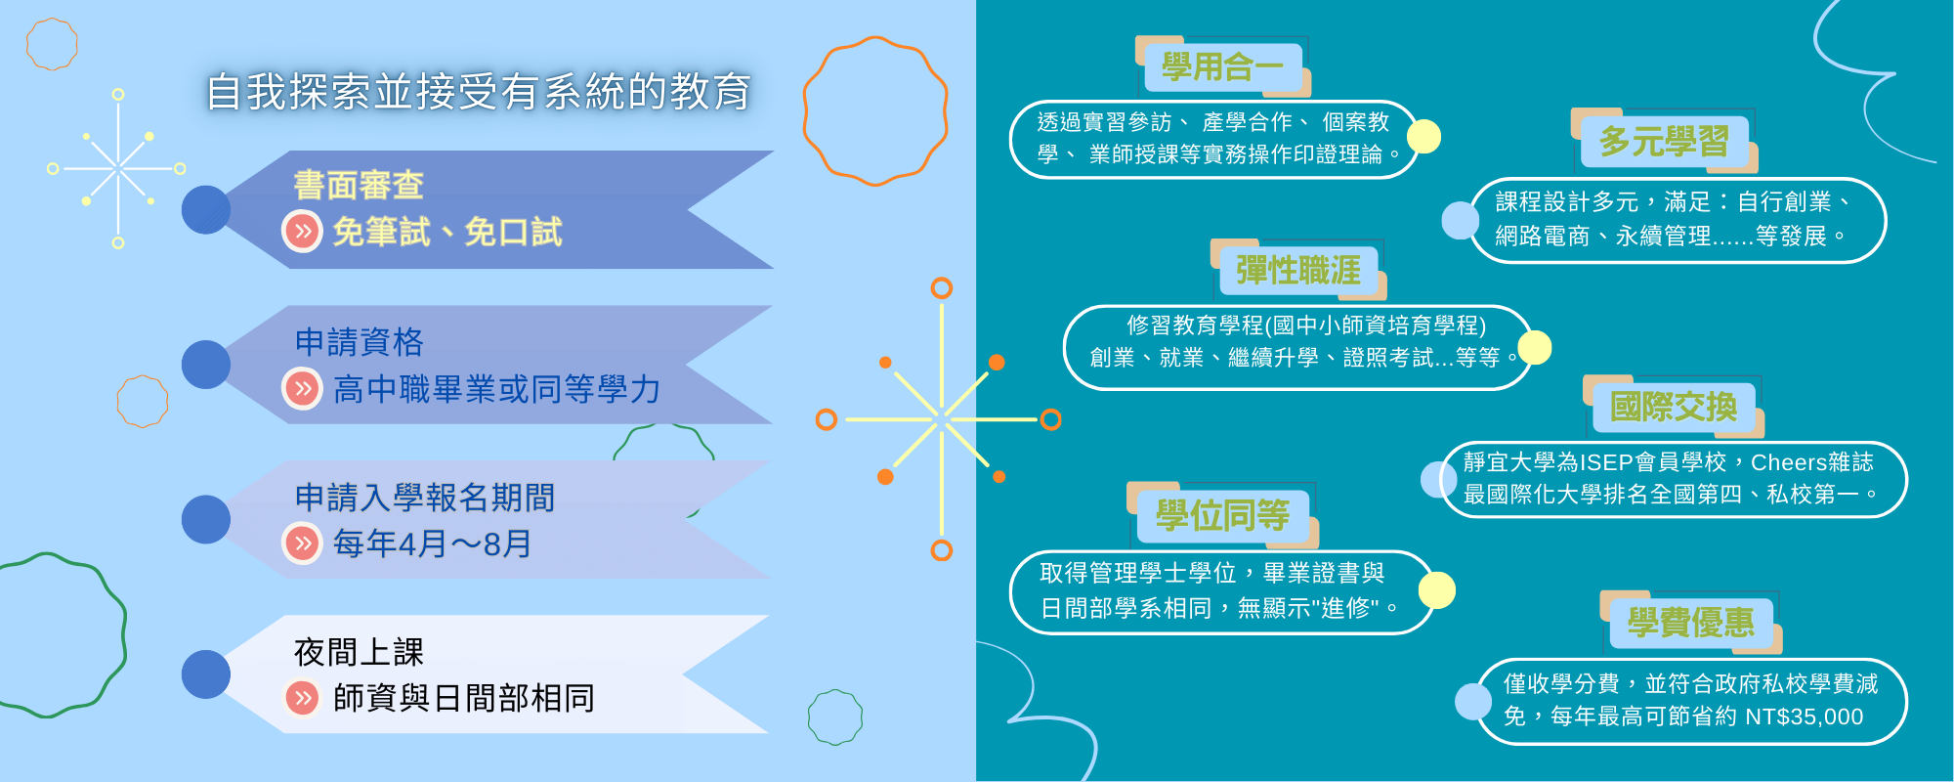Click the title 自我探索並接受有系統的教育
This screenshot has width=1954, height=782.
(478, 92)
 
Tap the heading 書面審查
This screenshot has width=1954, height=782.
(359, 185)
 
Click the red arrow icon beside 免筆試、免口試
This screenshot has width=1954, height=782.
(303, 232)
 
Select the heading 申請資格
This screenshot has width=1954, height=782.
(359, 341)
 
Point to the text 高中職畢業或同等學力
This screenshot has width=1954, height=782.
(496, 389)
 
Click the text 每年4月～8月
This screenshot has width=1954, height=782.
(432, 543)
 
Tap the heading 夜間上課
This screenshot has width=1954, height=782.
(359, 651)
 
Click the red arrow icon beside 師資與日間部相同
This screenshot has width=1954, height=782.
(303, 698)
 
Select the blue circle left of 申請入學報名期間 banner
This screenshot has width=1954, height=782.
(206, 519)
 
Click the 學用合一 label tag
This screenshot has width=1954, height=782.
(1222, 66)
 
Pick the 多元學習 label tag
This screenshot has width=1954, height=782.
(1664, 141)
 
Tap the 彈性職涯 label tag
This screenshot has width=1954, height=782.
(1298, 270)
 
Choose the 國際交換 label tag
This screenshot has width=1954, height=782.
(1674, 407)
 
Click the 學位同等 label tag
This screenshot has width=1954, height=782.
(1222, 514)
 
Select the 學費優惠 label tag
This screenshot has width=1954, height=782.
(1691, 622)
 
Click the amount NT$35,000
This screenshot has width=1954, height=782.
(1804, 717)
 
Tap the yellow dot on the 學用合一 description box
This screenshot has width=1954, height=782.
(1423, 137)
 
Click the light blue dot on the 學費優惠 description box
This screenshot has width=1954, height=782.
(1473, 701)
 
